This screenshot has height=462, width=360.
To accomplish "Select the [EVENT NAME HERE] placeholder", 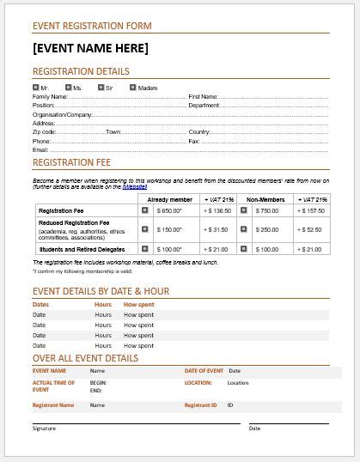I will click(x=90, y=48).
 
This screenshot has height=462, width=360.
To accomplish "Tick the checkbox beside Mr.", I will click(x=35, y=87).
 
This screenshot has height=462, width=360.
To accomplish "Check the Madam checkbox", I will click(x=133, y=87).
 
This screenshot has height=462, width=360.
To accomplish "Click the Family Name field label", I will click(x=50, y=96).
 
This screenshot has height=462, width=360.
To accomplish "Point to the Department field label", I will click(x=204, y=105).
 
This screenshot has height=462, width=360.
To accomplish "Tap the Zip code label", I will click(x=45, y=131).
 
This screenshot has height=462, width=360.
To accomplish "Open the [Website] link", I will click(x=134, y=186).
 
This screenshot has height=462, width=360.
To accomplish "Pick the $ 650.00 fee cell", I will click(x=169, y=210).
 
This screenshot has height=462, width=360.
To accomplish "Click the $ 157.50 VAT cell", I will click(x=310, y=210).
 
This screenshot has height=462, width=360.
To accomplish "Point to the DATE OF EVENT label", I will click(x=204, y=371).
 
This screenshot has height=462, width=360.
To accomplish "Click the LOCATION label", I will click(x=198, y=382).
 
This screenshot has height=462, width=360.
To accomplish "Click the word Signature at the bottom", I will click(x=45, y=428).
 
